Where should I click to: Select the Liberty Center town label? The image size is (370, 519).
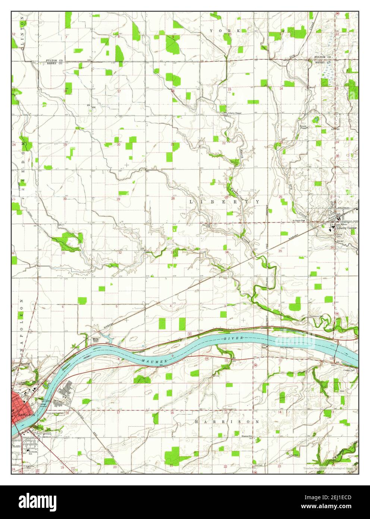(347, 227)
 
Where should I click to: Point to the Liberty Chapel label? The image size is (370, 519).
(235, 113)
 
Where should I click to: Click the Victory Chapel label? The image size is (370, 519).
(303, 127)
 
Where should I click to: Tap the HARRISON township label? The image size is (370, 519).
(227, 422)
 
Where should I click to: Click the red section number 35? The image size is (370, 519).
(280, 251)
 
